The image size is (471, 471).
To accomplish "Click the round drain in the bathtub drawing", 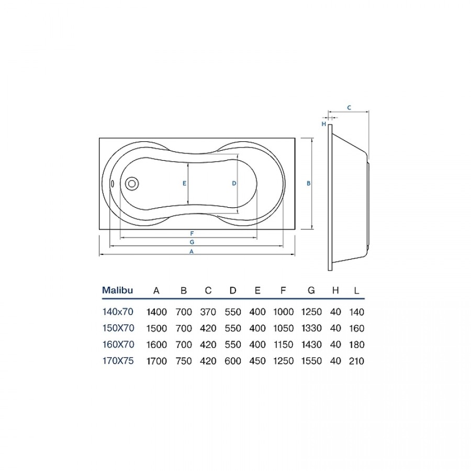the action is pyautogui.click(x=131, y=183).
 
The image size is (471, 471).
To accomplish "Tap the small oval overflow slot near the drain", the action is pyautogui.click(x=112, y=183).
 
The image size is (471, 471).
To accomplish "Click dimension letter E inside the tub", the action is pyautogui.click(x=184, y=183).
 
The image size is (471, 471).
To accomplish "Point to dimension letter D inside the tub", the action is pyautogui.click(x=234, y=183).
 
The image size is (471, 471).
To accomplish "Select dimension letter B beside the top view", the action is pyautogui.click(x=308, y=183).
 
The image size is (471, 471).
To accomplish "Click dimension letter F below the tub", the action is pyautogui.click(x=192, y=233).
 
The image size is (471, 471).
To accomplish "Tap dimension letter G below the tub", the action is pyautogui.click(x=192, y=242).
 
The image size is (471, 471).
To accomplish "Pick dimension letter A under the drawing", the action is pyautogui.click(x=192, y=252).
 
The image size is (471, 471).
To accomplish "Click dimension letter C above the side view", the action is pyautogui.click(x=349, y=107).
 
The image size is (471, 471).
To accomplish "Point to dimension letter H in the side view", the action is pyautogui.click(x=324, y=124).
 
